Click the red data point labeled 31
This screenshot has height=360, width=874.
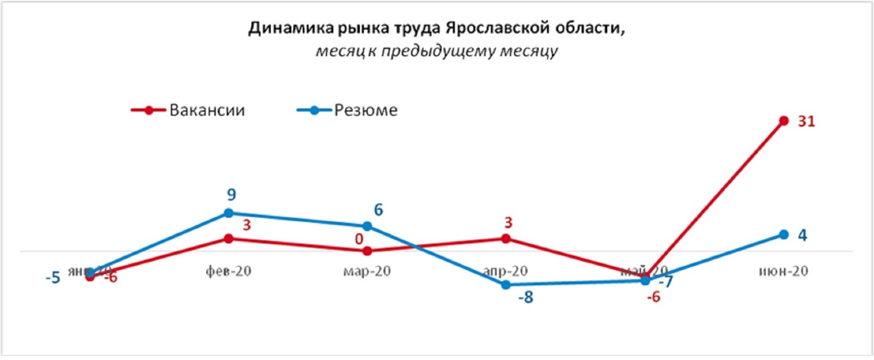tap(784, 121)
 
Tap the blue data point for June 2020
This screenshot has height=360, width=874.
tap(784, 234)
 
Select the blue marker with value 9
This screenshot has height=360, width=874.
tap(228, 213)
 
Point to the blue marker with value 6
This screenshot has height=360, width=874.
tap(367, 226)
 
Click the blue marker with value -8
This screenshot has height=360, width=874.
tap(506, 285)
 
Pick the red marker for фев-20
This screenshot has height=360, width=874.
tap(228, 238)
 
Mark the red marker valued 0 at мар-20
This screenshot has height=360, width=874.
tap(367, 251)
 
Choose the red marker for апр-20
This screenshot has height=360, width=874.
tap(506, 238)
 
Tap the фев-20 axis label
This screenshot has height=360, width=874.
tap(228, 271)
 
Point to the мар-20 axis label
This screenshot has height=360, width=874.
tap(367, 271)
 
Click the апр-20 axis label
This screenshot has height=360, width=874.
tap(506, 271)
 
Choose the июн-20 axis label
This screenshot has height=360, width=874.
tap(784, 271)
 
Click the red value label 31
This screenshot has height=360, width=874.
tap(807, 122)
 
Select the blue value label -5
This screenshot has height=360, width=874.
tap(53, 277)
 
